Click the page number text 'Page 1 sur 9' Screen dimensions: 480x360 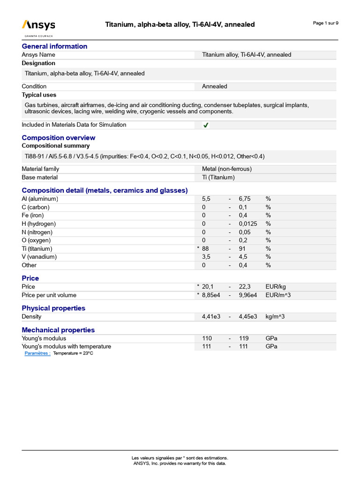pyautogui.click(x=325, y=23)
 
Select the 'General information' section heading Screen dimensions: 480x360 pyautogui.click(x=54, y=46)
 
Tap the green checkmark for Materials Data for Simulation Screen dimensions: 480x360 pyautogui.click(x=206, y=125)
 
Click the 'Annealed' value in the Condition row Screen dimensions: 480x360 pyautogui.click(x=214, y=86)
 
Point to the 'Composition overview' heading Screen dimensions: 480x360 pyautogui.click(x=59, y=137)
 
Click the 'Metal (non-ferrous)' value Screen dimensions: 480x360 pyautogui.click(x=226, y=169)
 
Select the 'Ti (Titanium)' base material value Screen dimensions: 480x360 pyautogui.click(x=218, y=177)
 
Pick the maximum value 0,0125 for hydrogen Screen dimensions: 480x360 pyautogui.click(x=248, y=224)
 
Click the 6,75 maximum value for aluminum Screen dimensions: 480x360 pyautogui.click(x=245, y=199)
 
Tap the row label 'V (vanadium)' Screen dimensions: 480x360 pyautogui.click(x=39, y=257)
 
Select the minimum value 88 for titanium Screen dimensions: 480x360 pyautogui.click(x=205, y=248)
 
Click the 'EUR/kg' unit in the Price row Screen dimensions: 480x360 pyautogui.click(x=275, y=286)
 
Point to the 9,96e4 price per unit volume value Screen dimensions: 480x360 pyautogui.click(x=248, y=295)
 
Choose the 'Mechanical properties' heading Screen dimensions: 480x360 pyautogui.click(x=58, y=330)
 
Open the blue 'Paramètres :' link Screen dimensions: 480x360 pyautogui.click(x=37, y=353)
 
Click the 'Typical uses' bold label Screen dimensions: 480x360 pyautogui.click(x=38, y=95)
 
